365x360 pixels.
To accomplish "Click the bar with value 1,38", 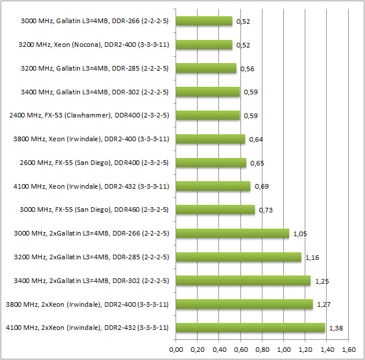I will click(250, 328).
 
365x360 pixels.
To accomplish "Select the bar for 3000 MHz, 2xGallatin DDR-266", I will click(232, 233).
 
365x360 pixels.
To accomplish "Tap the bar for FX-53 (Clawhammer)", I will click(207, 115).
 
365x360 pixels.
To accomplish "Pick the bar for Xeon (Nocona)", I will click(204, 45).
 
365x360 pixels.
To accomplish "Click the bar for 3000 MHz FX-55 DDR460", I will click(215, 210).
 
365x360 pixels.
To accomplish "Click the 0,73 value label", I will click(265, 210).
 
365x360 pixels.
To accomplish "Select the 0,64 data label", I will click(256, 139).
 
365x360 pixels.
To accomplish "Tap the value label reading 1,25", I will click(323, 281).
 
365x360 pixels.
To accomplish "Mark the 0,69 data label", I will click(261, 186).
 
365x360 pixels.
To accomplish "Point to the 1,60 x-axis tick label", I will click(348, 350).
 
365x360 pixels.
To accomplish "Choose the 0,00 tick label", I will click(176, 350).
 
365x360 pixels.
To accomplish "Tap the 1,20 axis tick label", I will click(305, 350).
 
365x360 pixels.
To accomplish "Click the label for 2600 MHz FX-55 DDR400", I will click(94, 163).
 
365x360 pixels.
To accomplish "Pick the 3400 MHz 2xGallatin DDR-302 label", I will click(91, 281).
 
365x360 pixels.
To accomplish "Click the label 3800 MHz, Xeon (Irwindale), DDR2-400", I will click(90, 139).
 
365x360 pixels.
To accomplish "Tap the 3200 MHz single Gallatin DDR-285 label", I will click(94, 68).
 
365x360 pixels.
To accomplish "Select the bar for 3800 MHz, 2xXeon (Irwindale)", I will click(244, 304).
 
